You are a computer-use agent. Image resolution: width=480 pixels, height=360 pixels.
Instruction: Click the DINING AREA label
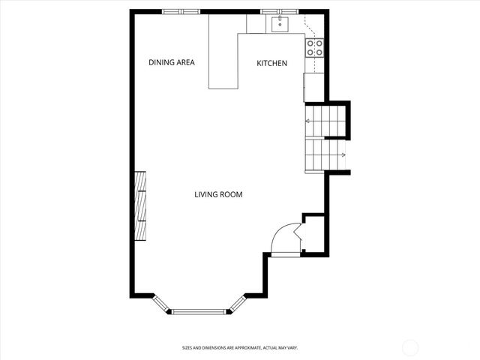(171, 63)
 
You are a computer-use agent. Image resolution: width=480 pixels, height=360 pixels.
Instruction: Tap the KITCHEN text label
(271, 64)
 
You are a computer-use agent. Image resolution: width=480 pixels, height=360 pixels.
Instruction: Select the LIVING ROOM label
(218, 195)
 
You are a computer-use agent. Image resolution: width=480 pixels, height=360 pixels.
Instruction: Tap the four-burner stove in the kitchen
(314, 48)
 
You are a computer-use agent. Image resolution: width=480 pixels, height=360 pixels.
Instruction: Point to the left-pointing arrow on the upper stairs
(308, 120)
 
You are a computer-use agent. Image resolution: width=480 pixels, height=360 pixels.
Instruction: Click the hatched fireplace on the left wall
(139, 206)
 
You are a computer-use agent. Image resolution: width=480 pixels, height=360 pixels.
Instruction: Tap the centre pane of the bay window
(199, 311)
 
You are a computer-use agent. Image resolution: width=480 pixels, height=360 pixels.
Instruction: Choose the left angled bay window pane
(160, 303)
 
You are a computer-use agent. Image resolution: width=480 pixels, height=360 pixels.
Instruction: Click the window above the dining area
(181, 11)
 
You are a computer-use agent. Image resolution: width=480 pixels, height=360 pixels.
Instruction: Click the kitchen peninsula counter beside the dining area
(223, 60)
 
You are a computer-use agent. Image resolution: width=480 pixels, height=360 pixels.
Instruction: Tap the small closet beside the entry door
(313, 235)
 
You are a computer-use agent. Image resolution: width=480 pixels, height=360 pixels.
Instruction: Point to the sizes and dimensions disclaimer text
(240, 348)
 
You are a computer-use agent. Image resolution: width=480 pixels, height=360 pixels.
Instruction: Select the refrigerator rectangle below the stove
(306, 86)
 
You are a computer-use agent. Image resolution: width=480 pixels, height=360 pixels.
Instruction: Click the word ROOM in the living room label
(231, 195)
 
